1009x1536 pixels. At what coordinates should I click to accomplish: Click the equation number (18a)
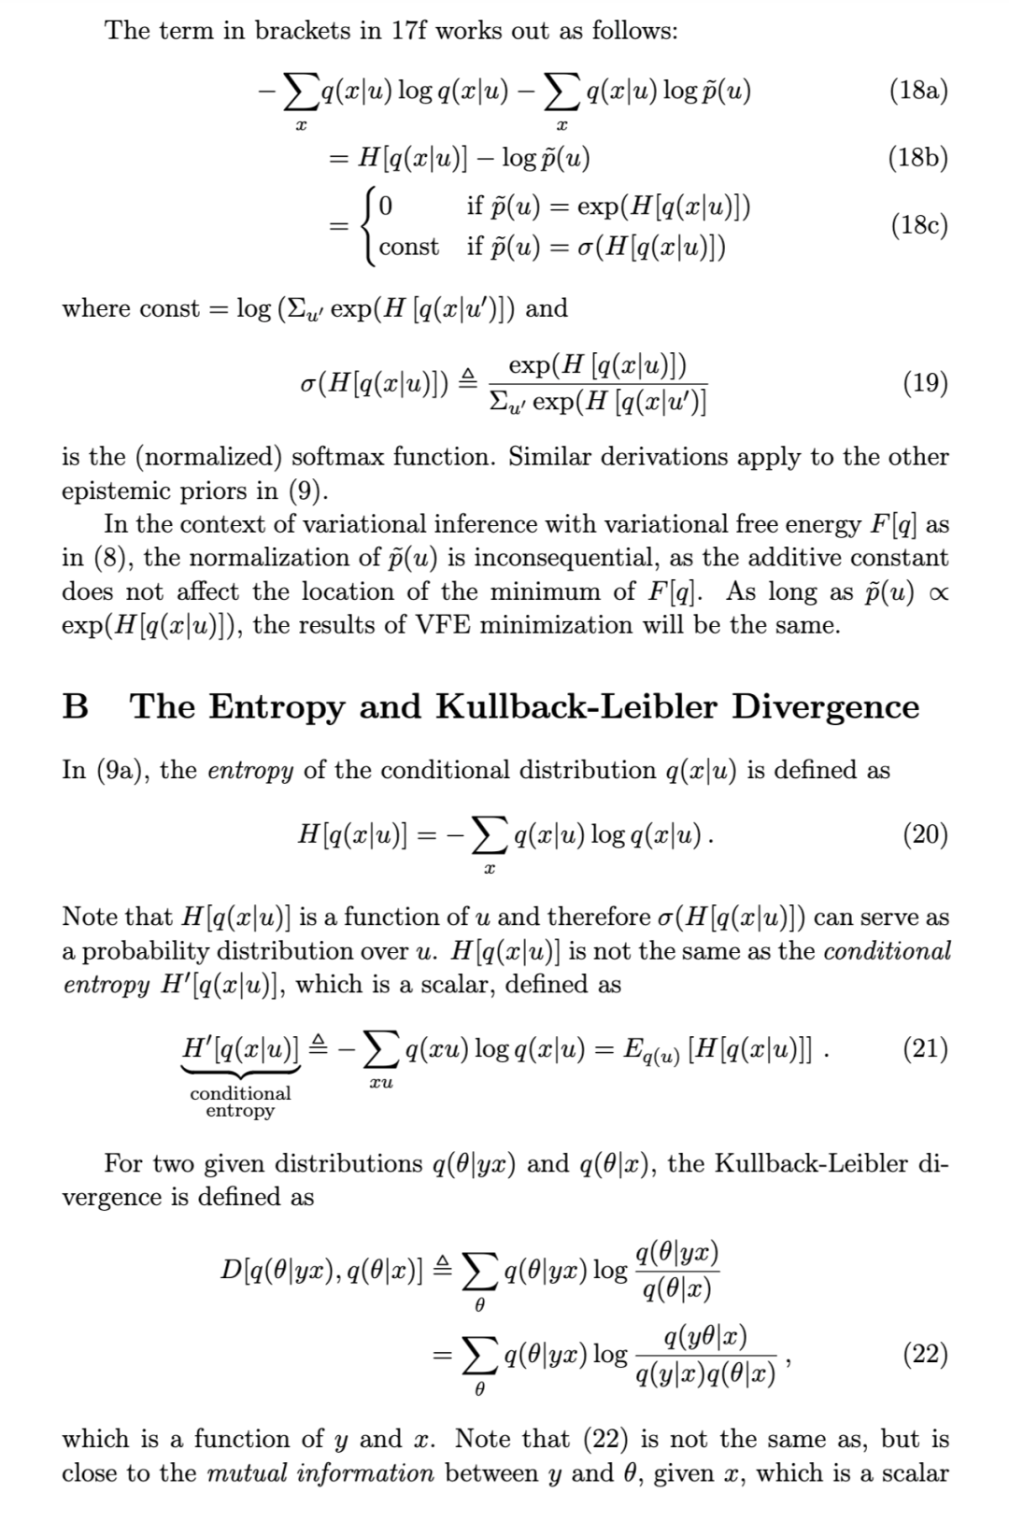(x=919, y=91)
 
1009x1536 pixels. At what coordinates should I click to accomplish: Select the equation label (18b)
(x=919, y=157)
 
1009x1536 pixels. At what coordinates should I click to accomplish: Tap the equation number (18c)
(x=919, y=225)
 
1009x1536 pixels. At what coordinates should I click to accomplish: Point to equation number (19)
(x=926, y=383)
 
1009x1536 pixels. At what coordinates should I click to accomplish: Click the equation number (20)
(x=926, y=833)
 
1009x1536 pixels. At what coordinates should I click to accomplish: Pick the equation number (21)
(x=926, y=1049)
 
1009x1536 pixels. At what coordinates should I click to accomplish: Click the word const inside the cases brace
(x=408, y=248)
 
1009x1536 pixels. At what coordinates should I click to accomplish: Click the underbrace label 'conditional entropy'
(x=240, y=1102)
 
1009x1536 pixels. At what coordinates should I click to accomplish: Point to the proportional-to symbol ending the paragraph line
(x=937, y=592)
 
